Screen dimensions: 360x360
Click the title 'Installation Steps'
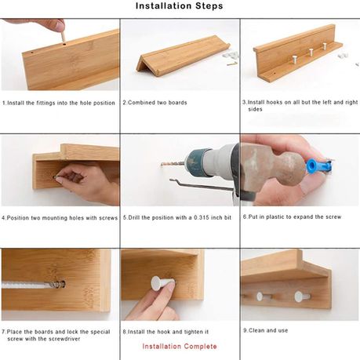[x=180, y=5]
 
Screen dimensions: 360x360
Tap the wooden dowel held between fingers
[x=63, y=36]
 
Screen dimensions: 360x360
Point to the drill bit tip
[x=162, y=165]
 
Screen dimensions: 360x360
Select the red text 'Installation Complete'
[x=180, y=347]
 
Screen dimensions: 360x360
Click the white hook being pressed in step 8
[x=162, y=283]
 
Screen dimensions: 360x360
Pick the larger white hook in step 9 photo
[x=302, y=296]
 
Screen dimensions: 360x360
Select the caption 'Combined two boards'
[x=158, y=103]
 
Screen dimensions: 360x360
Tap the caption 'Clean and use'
[x=268, y=330]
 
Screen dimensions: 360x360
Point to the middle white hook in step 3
[x=311, y=52]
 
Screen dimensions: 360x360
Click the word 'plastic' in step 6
[x=275, y=217]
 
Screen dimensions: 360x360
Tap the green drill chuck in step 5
[x=198, y=163]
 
